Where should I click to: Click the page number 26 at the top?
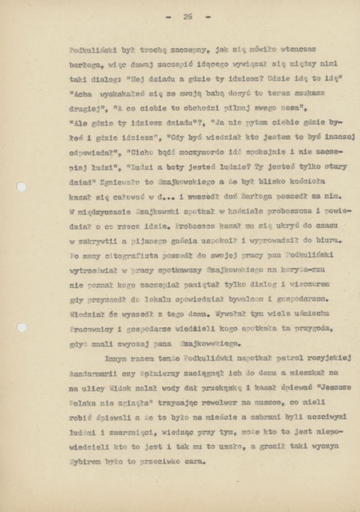pyautogui.click(x=187, y=17)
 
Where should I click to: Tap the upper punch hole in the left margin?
pyautogui.click(x=22, y=187)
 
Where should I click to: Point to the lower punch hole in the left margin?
pyautogui.click(x=22, y=327)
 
